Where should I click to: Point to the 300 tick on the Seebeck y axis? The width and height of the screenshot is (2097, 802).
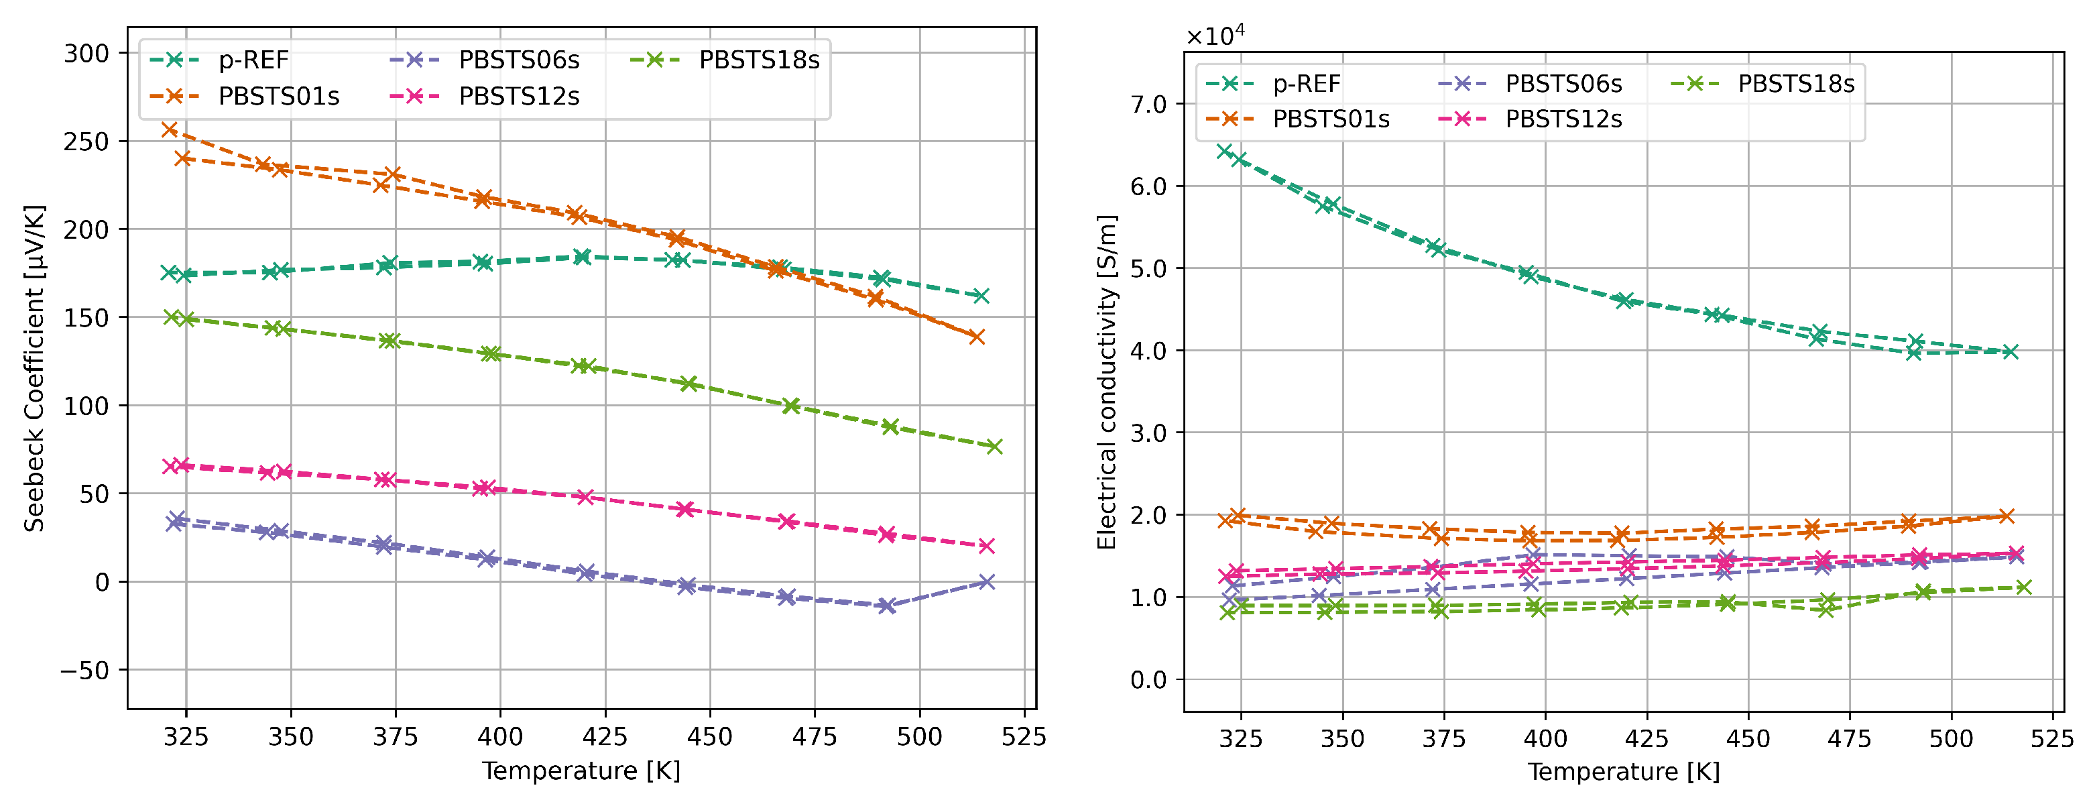coord(86,54)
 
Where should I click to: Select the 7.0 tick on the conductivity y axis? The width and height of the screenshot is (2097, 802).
coord(1148,104)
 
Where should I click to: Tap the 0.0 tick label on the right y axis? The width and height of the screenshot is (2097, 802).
coord(1148,680)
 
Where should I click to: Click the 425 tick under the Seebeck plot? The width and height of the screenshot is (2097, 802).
coord(605,737)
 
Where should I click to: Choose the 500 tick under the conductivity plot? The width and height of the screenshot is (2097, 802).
coord(1952,738)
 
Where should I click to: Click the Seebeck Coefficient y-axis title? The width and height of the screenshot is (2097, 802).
coord(34,368)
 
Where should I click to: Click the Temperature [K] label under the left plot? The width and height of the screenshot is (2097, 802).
coord(581,770)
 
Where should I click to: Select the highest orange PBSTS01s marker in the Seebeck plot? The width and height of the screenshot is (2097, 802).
coord(170,129)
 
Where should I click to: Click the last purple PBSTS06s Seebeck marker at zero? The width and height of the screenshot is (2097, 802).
coord(987,581)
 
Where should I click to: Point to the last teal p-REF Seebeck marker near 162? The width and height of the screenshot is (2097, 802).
coord(981,296)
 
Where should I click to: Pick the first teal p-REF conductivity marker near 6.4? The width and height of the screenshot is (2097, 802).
coord(1224,151)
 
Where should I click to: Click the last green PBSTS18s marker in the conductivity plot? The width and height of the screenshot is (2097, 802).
coord(2024,587)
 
